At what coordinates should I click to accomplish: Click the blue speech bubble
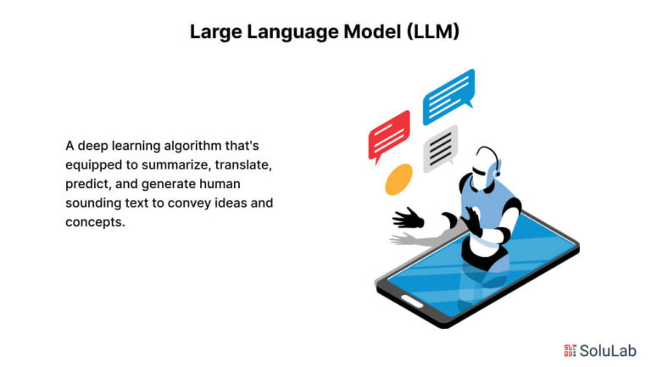point(448,96)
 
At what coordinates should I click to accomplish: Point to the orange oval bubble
point(398,180)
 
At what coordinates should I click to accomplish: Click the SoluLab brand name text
point(608,349)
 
